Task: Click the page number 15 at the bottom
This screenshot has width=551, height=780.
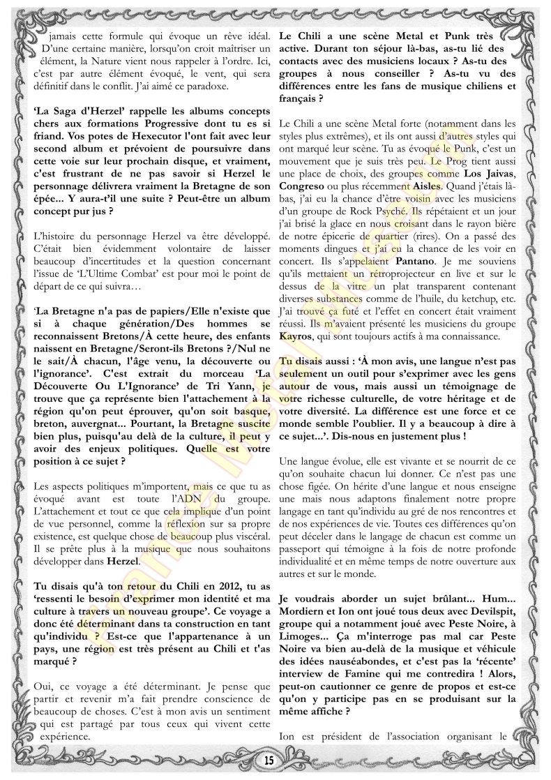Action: [x=269, y=758]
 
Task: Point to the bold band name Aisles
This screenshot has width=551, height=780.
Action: [x=421, y=188]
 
